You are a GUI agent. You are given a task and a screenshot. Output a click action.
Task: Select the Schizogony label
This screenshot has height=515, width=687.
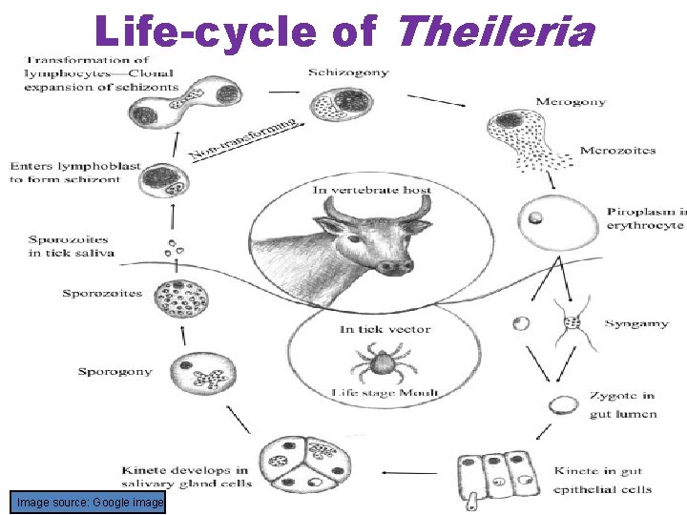[349, 72]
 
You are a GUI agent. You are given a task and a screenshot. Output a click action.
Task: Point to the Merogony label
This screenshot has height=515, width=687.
[571, 102]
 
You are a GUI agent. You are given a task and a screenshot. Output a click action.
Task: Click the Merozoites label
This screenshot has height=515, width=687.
[617, 151]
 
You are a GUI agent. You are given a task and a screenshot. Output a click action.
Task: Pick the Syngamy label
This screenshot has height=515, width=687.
[635, 324]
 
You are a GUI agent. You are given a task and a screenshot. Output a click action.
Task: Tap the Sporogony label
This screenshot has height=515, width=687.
[114, 371]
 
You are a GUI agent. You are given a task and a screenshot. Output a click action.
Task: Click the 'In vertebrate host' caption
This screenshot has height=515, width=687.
[372, 190]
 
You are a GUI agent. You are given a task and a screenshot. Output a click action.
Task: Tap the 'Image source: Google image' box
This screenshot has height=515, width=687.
[88, 502]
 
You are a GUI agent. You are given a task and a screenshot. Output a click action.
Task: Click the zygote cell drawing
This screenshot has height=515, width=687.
[564, 405]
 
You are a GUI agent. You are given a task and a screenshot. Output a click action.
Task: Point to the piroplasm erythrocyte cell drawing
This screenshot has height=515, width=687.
[535, 217]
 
